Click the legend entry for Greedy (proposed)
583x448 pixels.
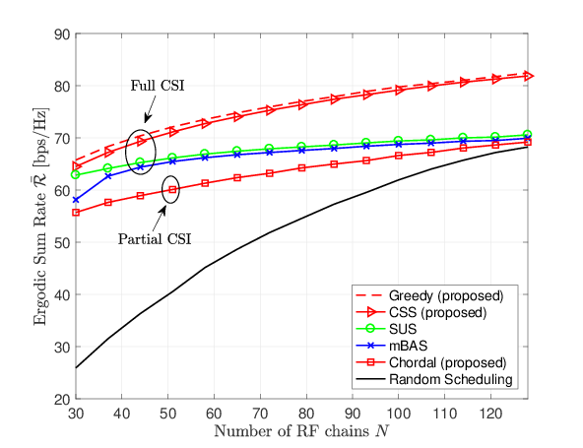[429, 295]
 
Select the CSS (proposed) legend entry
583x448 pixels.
[421, 312]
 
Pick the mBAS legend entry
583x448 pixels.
[392, 346]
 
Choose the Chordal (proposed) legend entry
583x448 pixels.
[431, 362]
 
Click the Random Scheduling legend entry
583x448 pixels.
[434, 379]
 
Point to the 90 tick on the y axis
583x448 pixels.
[62, 34]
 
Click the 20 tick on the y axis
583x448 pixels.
[62, 400]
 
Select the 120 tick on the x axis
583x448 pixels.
[490, 414]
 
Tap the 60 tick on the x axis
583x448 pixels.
[214, 414]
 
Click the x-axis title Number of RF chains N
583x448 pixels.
[301, 431]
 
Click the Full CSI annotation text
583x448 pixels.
[158, 86]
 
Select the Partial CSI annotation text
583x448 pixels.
[155, 238]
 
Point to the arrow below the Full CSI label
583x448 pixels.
[151, 108]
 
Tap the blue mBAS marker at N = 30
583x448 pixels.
[76, 200]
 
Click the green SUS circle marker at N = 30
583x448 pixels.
[76, 174]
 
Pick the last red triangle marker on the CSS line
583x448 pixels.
[528, 76]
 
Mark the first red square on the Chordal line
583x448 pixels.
[76, 213]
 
